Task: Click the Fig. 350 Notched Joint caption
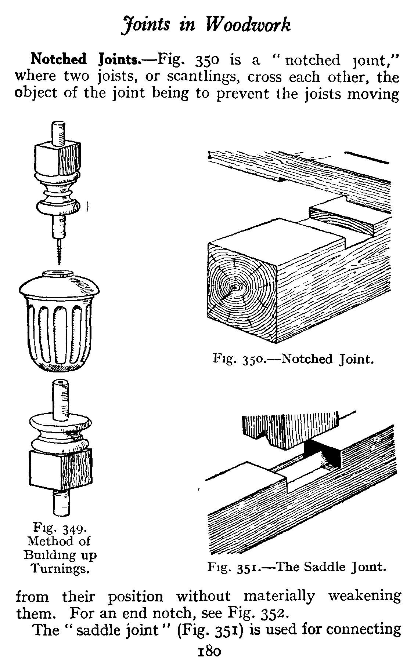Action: click(293, 359)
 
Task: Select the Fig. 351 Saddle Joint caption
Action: click(297, 568)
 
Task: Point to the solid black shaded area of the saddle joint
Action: click(323, 453)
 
